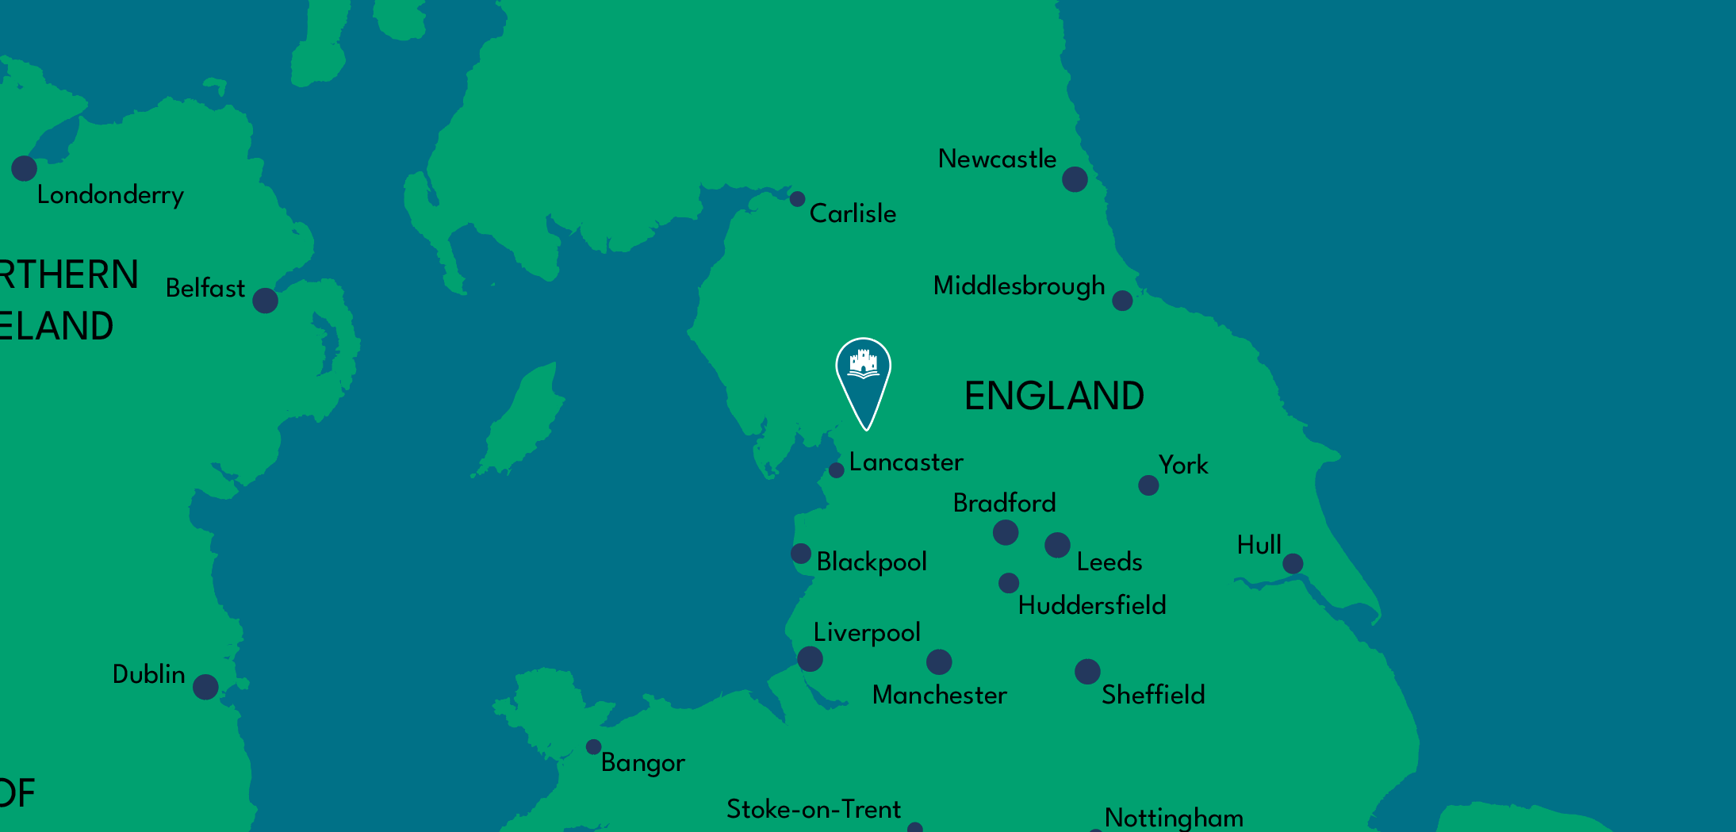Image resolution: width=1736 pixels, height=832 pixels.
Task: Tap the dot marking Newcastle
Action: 1075,179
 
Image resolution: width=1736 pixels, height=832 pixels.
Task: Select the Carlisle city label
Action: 853,213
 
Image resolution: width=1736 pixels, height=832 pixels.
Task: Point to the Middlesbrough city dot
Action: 1122,301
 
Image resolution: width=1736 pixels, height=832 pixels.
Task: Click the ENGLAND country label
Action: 1054,396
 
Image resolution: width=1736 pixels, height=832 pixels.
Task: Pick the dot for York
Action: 1148,485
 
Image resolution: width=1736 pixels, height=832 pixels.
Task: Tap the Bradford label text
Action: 1004,503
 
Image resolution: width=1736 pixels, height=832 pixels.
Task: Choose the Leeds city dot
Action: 1057,545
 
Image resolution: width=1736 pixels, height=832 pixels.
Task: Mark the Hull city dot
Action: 1293,564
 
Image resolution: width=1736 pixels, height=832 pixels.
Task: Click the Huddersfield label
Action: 1092,605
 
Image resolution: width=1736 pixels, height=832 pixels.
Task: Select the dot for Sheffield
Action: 1087,671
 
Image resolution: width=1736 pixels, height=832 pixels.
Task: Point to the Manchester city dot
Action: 939,661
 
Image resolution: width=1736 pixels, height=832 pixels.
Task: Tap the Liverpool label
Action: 867,633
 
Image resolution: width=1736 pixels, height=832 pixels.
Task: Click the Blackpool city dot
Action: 801,554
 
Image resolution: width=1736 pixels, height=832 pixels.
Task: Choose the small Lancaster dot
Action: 837,470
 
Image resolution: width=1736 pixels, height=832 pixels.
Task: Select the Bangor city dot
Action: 593,747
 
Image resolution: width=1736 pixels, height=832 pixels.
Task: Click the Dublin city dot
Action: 205,687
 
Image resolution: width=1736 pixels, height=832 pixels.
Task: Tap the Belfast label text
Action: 205,288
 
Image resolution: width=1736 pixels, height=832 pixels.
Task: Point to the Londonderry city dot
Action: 24,168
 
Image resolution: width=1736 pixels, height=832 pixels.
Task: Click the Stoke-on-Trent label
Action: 814,809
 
